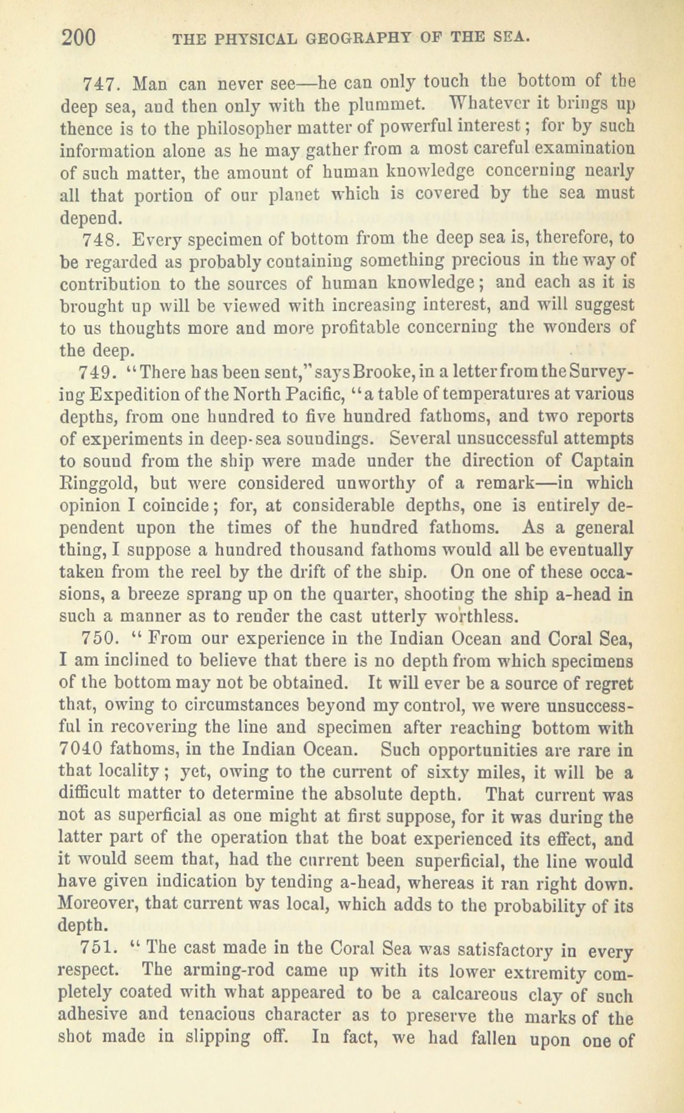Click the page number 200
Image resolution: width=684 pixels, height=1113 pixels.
coord(80,39)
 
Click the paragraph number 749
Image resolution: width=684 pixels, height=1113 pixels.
coord(98,371)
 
